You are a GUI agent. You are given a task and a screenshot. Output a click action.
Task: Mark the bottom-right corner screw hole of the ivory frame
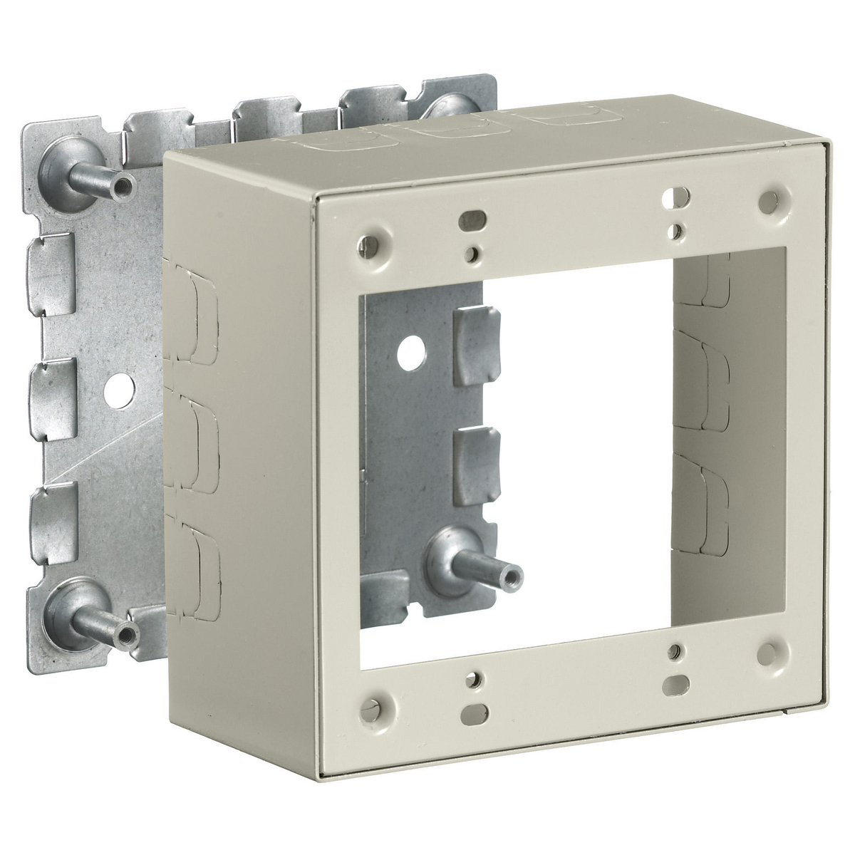(768, 632)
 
